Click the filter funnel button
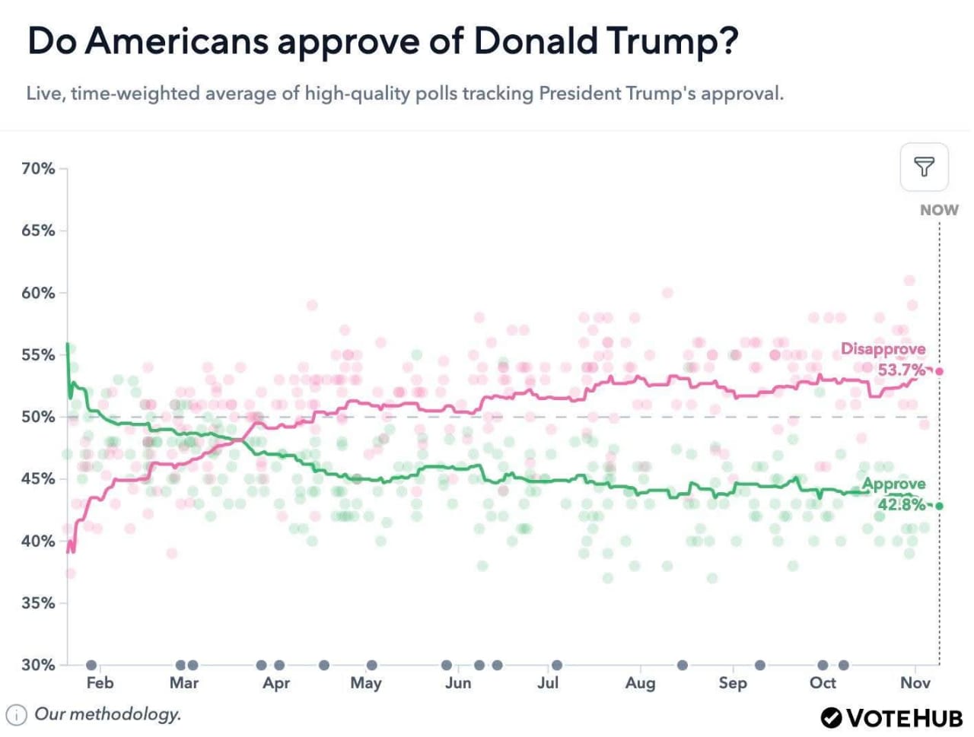tap(924, 167)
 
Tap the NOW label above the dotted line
tap(939, 210)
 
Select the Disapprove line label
tap(883, 349)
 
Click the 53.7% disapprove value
tap(902, 370)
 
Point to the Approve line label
tap(893, 484)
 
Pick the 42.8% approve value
tap(902, 504)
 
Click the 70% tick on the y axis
tap(38, 169)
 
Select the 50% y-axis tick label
tap(38, 417)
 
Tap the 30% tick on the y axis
tap(38, 665)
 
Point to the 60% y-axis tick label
tap(38, 293)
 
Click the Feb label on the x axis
tap(100, 683)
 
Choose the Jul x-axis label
tap(548, 683)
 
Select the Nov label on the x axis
tap(915, 683)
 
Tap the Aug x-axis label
tap(640, 683)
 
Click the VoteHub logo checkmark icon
tap(831, 717)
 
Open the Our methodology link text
tap(108, 714)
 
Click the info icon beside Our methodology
tap(17, 715)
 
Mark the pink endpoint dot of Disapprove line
tap(940, 371)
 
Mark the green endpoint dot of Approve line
tap(940, 506)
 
